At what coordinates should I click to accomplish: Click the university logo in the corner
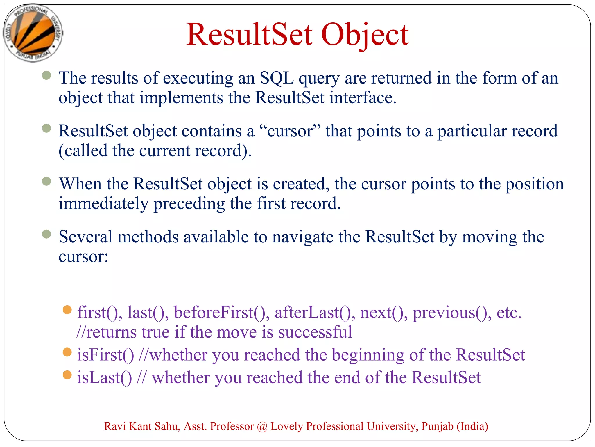[x=33, y=33]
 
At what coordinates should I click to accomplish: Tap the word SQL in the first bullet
[x=276, y=78]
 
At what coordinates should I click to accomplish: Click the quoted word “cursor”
[x=290, y=131]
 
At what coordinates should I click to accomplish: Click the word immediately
[x=103, y=203]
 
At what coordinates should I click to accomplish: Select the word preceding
[x=189, y=203]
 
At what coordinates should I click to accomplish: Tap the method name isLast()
[x=104, y=378]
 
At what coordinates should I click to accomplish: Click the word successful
[x=315, y=332]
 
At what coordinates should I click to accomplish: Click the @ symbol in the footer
[x=262, y=426]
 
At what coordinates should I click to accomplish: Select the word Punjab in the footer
[x=437, y=426]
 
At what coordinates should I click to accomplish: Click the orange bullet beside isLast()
[x=67, y=375]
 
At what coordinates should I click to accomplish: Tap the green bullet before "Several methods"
[x=46, y=234]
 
